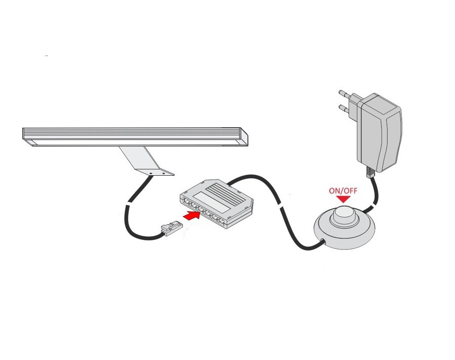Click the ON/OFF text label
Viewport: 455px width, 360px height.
tap(343, 191)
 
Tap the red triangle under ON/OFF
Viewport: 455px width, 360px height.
tap(343, 199)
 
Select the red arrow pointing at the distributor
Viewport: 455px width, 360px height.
tap(192, 216)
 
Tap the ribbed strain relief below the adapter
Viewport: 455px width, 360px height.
tap(370, 172)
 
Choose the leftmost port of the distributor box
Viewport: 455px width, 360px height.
tap(186, 201)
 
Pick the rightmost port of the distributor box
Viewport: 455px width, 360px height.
tap(221, 222)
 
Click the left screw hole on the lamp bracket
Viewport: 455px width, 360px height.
tap(151, 173)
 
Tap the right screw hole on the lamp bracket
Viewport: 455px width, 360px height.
tap(164, 173)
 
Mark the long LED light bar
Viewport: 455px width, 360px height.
tap(135, 137)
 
